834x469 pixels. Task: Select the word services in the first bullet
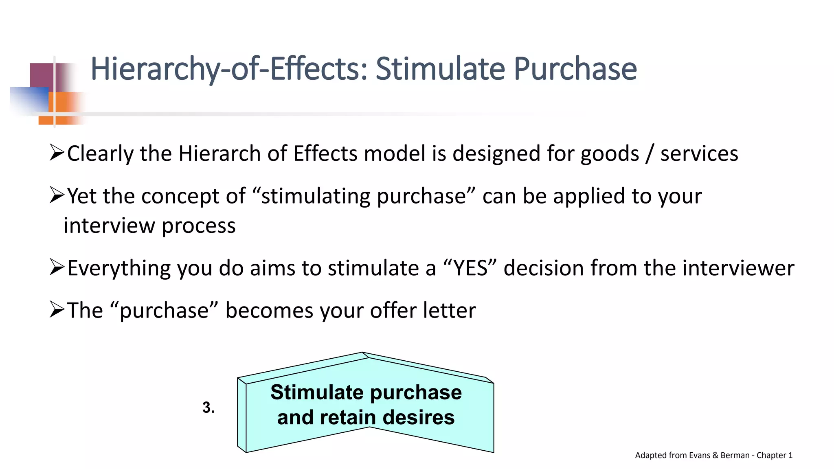[x=699, y=154]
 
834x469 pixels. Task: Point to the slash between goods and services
[x=650, y=154]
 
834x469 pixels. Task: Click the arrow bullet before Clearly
[x=57, y=153]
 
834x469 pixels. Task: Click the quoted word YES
[x=470, y=268]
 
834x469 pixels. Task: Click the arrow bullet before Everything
[x=57, y=267]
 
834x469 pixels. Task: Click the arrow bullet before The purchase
[x=57, y=309]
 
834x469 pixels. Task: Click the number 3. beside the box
[x=208, y=408]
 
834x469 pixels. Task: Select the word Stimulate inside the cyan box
[x=317, y=392]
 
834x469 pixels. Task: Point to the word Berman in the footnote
[x=735, y=455]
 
